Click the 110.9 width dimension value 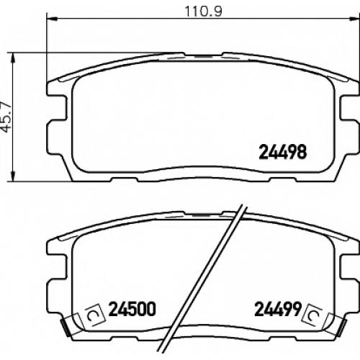(x=204, y=11)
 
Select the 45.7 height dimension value (x=7, y=117)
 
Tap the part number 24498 (x=282, y=152)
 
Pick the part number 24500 (x=132, y=309)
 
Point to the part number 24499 (x=277, y=309)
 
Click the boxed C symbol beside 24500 (x=95, y=315)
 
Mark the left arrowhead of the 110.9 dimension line (x=51, y=18)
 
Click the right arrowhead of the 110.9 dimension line (x=355, y=18)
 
